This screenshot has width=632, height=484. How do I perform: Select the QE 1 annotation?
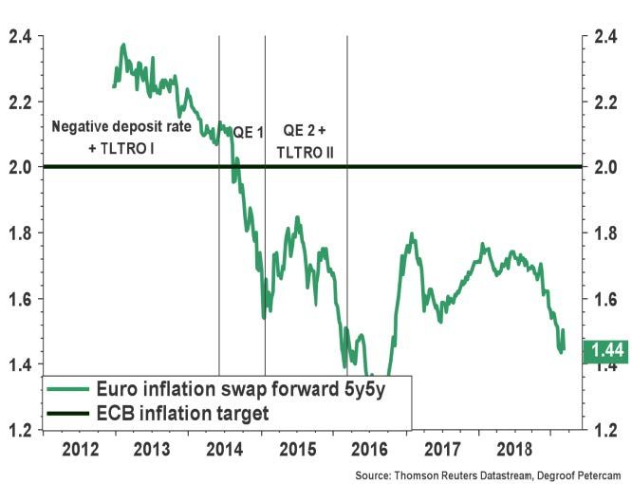click(x=248, y=133)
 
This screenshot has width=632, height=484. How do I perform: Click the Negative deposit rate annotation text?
click(x=121, y=126)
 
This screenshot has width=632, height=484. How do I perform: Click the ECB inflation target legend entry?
click(x=183, y=413)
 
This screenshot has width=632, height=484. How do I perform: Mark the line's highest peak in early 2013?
click(x=123, y=45)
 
